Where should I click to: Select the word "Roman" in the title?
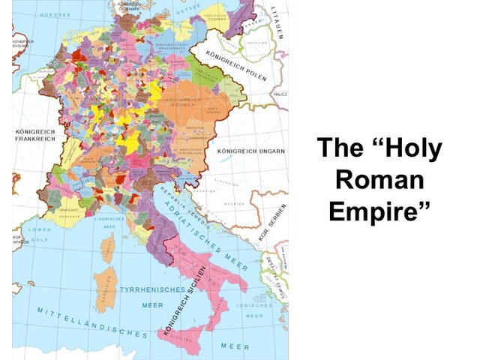pyautogui.click(x=379, y=180)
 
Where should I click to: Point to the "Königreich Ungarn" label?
pyautogui.click(x=250, y=151)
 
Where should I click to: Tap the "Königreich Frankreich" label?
pyautogui.click(x=35, y=134)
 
